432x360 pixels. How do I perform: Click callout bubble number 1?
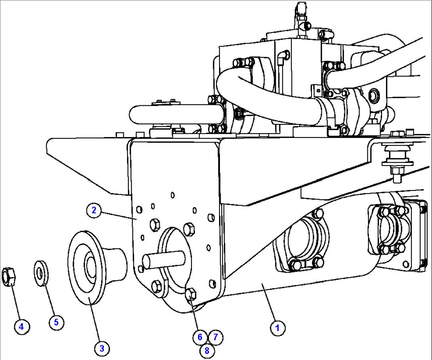tap(278, 328)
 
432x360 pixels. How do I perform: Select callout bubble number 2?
tap(94, 210)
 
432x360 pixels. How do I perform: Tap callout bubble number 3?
tap(101, 349)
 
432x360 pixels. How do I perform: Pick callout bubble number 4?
tap(21, 327)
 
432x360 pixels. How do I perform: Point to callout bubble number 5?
tap(56, 322)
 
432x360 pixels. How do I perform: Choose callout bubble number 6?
tap(200, 337)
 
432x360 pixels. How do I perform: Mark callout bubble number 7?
tap(215, 337)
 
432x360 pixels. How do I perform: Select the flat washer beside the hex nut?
tap(40, 272)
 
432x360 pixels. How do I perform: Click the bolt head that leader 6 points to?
tap(191, 294)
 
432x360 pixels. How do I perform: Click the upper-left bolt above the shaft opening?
tap(155, 224)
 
